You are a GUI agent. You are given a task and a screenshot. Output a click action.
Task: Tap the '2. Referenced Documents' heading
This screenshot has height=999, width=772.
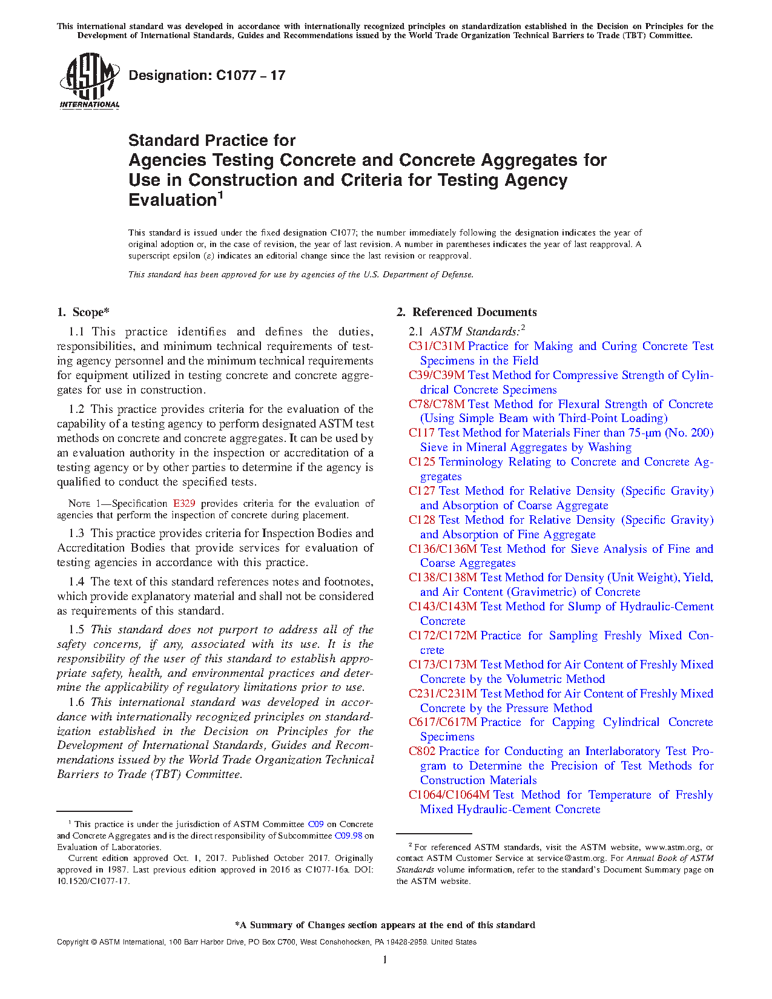click(x=467, y=312)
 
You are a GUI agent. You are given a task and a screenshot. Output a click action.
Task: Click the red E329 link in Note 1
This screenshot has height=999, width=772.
click(x=184, y=504)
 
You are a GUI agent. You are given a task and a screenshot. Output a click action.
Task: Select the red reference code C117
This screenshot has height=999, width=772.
click(x=421, y=433)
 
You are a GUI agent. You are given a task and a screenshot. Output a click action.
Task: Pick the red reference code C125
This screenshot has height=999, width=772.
click(x=421, y=462)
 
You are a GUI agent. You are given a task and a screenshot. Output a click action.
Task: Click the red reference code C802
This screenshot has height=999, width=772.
click(x=421, y=751)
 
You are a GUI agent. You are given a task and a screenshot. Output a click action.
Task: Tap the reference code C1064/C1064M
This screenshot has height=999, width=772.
click(x=449, y=795)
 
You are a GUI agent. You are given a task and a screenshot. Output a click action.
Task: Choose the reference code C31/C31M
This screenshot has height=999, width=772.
click(x=437, y=346)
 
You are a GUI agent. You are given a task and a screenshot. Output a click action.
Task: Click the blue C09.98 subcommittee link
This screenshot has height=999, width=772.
click(x=348, y=836)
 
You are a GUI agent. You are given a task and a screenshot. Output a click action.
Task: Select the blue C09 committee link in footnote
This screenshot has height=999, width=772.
click(x=315, y=825)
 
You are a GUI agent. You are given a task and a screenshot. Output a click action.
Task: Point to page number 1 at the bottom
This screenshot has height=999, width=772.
click(x=385, y=960)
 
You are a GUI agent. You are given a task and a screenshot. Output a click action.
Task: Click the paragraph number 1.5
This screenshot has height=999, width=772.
click(x=76, y=630)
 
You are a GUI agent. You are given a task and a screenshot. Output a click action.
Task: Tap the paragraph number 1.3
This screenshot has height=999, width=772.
click(x=76, y=533)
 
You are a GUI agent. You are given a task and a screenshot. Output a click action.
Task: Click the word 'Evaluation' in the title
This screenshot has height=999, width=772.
click(x=173, y=200)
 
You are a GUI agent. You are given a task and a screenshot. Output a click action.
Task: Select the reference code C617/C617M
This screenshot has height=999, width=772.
click(x=443, y=722)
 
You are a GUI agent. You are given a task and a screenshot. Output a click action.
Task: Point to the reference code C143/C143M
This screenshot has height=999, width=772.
click(x=443, y=607)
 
